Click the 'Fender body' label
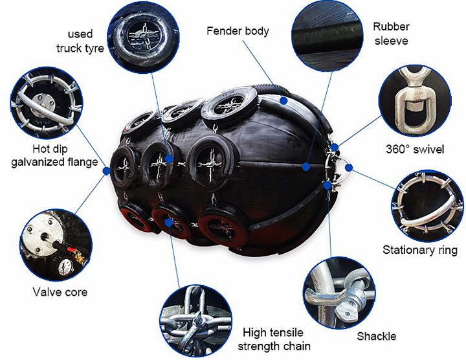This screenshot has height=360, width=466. tap(238, 30)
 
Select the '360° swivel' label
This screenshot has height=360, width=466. tap(413, 150)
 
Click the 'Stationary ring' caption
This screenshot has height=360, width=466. tap(420, 250)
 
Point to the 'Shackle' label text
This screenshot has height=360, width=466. tap(376, 336)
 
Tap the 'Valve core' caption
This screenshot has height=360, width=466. tap(60, 292)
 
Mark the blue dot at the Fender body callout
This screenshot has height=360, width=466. tap(283, 100)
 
